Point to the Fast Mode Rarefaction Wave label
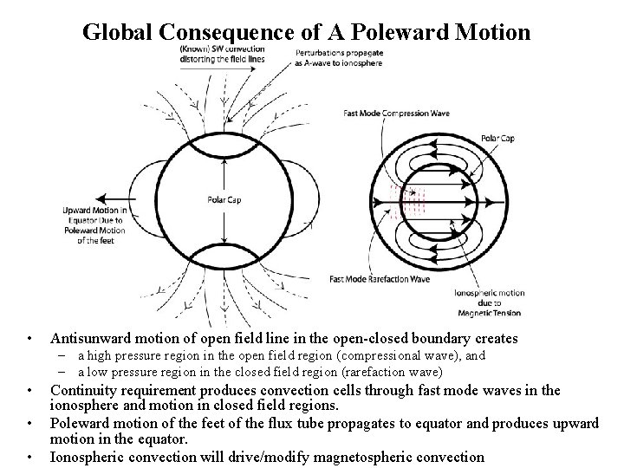[380, 279]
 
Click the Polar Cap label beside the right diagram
[497, 138]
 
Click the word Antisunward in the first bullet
[88, 338]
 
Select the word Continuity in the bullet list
[83, 391]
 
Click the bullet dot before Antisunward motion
[30, 339]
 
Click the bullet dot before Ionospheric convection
[30, 457]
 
